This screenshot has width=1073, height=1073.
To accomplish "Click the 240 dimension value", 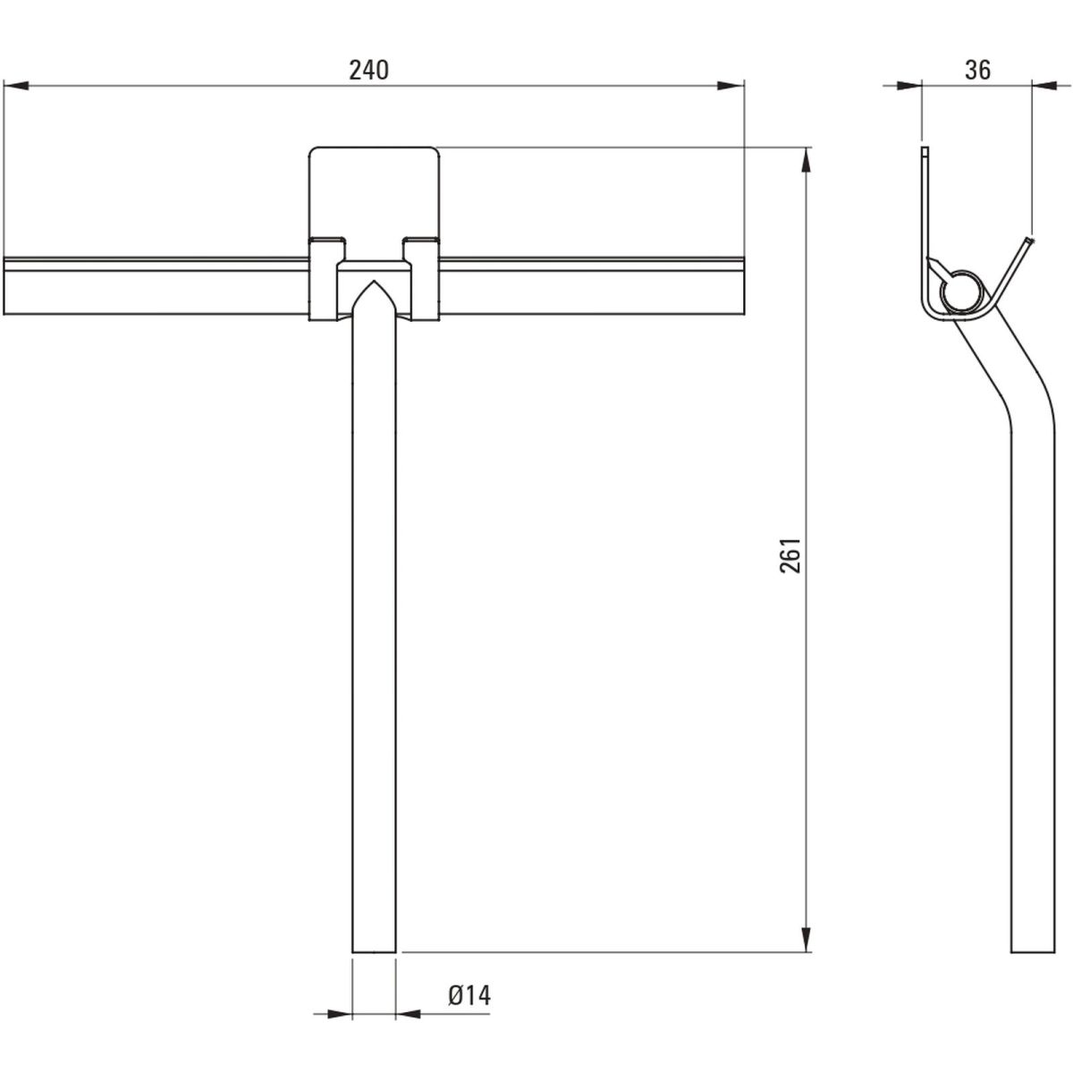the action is point(368,71).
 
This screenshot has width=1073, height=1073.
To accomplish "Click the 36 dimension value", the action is point(978,71).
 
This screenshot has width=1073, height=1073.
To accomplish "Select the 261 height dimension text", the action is point(790,554).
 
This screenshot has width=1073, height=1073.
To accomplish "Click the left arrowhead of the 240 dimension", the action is point(15,86).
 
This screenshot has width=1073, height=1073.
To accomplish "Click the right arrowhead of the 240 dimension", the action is point(731,86).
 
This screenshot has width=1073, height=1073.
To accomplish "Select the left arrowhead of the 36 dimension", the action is point(909,86).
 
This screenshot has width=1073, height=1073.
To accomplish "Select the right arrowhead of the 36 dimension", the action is point(1044,86).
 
